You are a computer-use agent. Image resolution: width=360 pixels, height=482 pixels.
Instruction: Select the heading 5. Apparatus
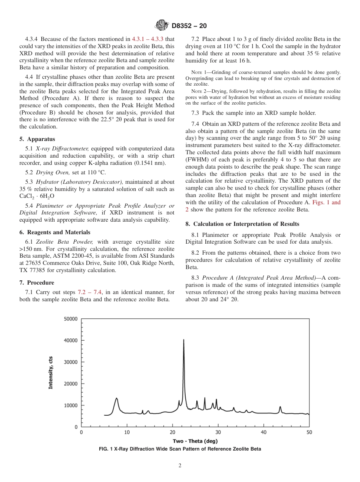[x=37, y=139]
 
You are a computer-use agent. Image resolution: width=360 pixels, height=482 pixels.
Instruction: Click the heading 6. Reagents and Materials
[x=55, y=232]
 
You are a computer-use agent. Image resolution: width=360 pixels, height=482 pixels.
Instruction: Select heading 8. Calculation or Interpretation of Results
[x=242, y=224]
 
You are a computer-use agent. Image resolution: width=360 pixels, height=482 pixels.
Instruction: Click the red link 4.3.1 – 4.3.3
[x=152, y=39]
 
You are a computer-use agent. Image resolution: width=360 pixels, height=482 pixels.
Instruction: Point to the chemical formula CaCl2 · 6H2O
[x=37, y=196]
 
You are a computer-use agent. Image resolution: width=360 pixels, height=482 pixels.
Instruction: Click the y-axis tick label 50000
[x=70, y=319]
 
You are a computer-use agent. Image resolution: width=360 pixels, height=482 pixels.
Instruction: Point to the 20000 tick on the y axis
[x=70, y=384]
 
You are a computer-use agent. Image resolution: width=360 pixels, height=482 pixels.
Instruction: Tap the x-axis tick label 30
[x=218, y=432]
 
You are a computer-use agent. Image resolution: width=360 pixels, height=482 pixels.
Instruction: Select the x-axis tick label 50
[x=309, y=432]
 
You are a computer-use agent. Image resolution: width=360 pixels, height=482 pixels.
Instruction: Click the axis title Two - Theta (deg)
[x=195, y=441]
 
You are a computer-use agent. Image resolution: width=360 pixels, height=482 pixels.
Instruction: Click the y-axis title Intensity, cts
[x=50, y=373]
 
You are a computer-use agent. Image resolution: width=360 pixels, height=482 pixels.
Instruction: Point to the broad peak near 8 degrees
[x=116, y=399]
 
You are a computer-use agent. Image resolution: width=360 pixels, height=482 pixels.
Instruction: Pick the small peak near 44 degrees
[x=280, y=408]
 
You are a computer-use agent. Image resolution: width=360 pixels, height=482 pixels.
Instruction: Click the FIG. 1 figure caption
[x=180, y=449]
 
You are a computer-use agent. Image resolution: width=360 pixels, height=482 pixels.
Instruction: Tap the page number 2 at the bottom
[x=180, y=466]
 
